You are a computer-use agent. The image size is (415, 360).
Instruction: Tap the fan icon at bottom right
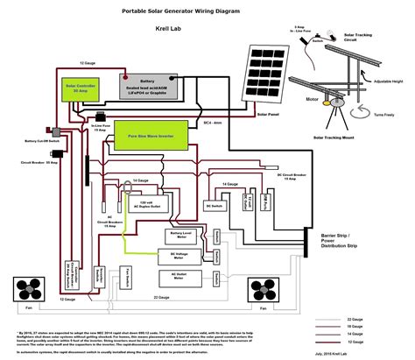pyautogui.click(x=262, y=288)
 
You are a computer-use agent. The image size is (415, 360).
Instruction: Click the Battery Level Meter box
pyautogui.click(x=181, y=237)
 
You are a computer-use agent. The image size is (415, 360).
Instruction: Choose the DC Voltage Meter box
pyautogui.click(x=181, y=256)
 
